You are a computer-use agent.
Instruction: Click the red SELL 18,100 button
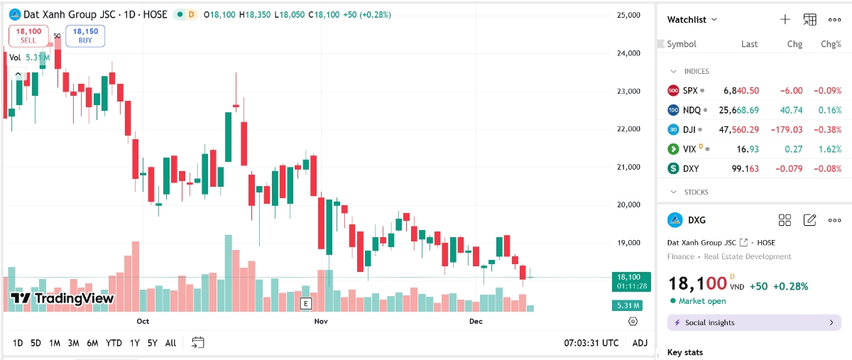(x=28, y=36)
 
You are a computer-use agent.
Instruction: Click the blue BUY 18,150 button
(x=85, y=36)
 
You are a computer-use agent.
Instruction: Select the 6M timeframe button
(x=92, y=343)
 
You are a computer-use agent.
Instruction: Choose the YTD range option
(x=114, y=343)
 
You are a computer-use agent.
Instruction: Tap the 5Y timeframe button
(x=152, y=343)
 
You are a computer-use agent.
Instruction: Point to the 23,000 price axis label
(x=627, y=91)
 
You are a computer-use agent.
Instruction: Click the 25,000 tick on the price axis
(x=627, y=15)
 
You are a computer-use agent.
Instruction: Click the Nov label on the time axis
(x=321, y=322)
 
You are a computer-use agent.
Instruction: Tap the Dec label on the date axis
(x=476, y=322)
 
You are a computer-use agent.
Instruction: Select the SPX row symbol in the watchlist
(x=690, y=91)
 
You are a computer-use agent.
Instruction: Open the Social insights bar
(x=754, y=323)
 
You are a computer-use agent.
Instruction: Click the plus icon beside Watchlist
(x=785, y=20)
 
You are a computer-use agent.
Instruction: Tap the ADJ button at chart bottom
(x=640, y=343)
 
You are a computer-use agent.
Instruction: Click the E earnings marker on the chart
(x=306, y=304)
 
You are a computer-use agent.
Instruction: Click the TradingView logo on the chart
(x=62, y=298)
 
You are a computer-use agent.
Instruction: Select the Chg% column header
(x=831, y=44)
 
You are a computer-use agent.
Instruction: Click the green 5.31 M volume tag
(x=627, y=305)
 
